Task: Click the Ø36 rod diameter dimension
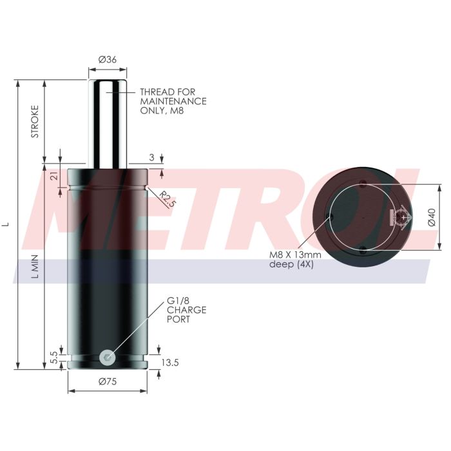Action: click(107, 60)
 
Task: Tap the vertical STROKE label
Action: click(35, 121)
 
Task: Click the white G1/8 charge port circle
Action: click(108, 356)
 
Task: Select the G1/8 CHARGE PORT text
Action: click(186, 310)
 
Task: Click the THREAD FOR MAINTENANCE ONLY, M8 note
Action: click(173, 101)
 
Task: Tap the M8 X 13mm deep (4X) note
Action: click(292, 259)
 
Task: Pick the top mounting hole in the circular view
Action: click(364, 182)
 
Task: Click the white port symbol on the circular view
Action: click(401, 217)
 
